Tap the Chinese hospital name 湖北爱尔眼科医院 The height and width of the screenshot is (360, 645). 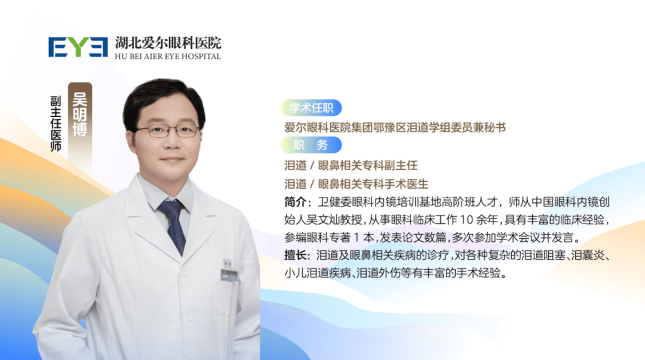(x=168, y=42)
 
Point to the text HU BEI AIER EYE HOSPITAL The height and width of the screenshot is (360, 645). (x=168, y=57)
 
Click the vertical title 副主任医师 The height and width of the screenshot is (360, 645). (x=56, y=123)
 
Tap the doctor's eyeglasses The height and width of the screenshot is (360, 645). (x=167, y=130)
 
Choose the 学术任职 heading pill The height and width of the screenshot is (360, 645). (x=311, y=107)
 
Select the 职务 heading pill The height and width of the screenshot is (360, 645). (x=311, y=145)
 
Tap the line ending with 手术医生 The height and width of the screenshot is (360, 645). (x=357, y=184)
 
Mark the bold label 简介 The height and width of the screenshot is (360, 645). (x=297, y=202)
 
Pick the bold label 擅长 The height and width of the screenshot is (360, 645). (x=297, y=256)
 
